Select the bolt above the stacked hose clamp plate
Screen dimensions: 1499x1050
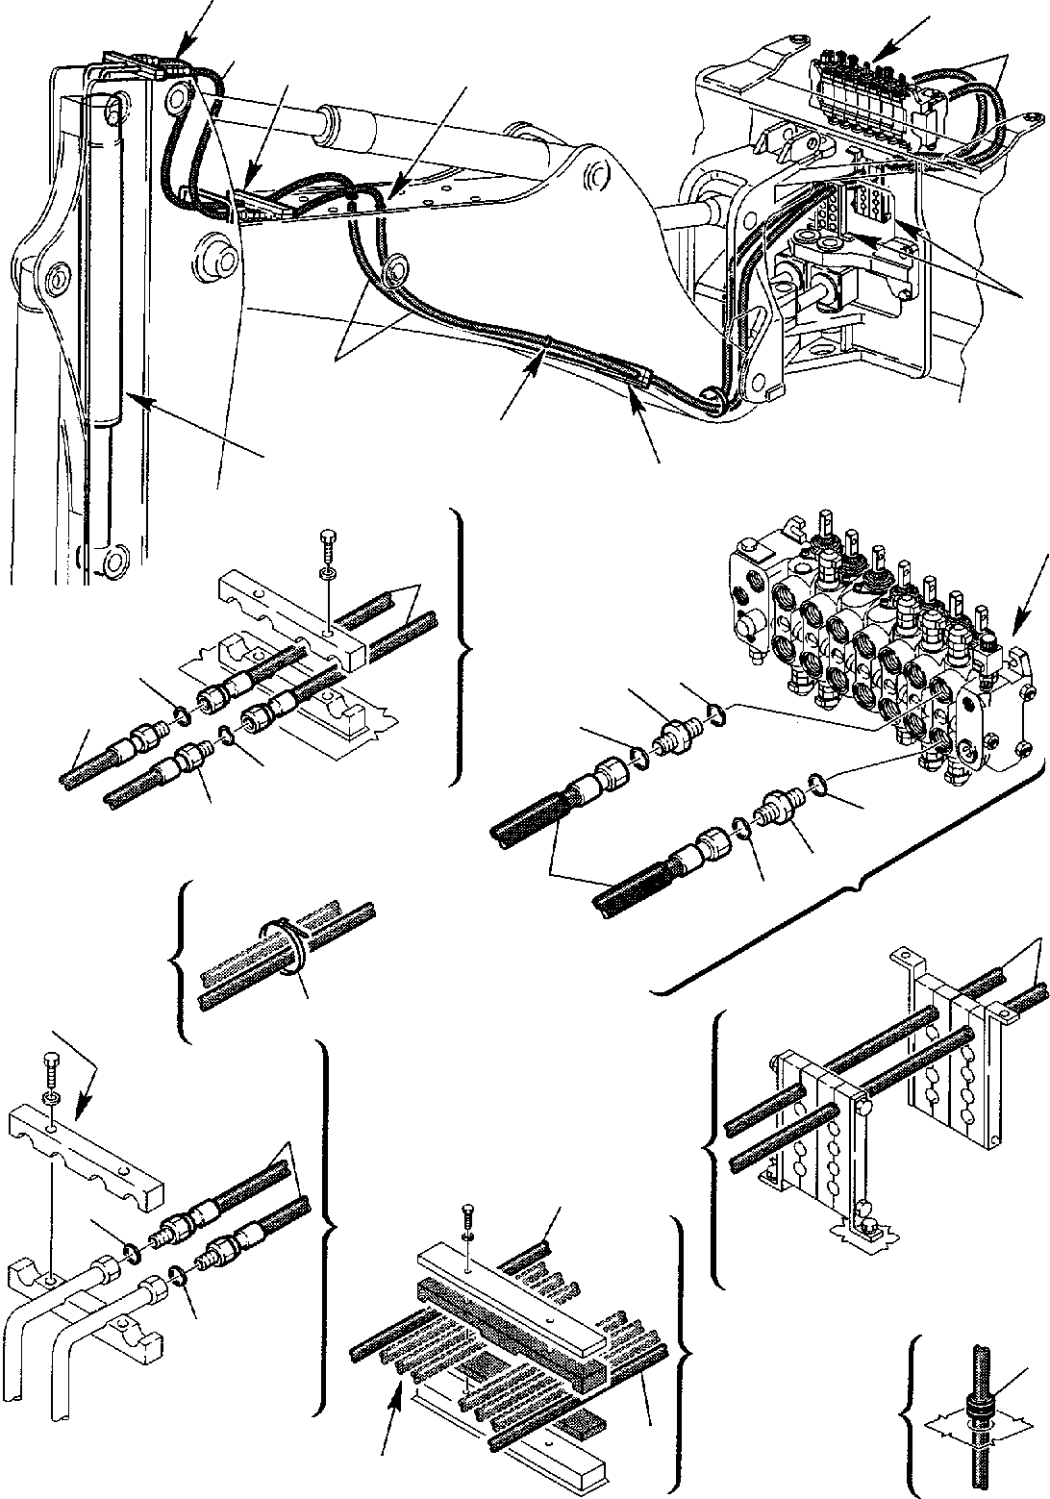pos(467,1218)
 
